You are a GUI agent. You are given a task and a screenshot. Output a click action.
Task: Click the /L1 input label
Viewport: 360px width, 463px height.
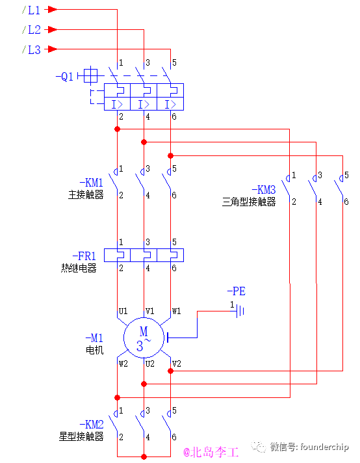(31, 10)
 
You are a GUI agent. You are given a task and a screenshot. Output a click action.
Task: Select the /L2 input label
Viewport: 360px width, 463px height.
(31, 29)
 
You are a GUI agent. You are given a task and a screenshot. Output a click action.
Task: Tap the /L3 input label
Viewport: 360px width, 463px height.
(31, 49)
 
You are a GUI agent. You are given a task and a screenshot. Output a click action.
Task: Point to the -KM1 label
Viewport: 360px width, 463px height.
(90, 183)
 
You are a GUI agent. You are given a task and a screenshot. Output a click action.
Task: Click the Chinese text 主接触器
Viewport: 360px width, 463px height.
(86, 194)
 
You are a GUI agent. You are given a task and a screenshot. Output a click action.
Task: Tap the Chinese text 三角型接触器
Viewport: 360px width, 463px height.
(249, 202)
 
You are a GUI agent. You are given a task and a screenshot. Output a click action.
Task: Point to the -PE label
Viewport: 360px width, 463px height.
(236, 291)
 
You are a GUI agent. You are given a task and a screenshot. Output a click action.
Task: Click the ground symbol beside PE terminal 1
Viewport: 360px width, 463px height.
(240, 311)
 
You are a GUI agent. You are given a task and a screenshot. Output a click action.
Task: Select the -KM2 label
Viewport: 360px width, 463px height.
(90, 425)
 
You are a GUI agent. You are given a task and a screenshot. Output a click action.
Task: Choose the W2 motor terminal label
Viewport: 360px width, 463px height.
(123, 364)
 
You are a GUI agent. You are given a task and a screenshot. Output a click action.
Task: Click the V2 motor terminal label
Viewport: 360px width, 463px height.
(176, 364)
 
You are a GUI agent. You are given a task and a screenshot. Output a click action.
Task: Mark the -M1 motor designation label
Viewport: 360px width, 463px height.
(94, 338)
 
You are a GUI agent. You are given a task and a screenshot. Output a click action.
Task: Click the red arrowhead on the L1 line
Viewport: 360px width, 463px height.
(53, 10)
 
